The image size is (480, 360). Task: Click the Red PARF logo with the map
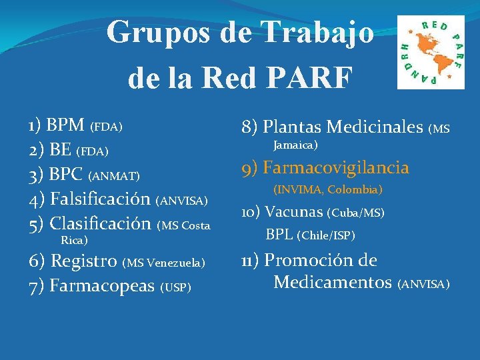[431, 53]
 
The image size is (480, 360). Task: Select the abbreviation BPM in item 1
[65, 125]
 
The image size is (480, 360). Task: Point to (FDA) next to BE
[93, 152]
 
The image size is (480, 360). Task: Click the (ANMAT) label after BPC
[114, 177]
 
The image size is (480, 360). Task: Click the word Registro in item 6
[85, 261]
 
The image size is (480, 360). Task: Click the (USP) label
[176, 287]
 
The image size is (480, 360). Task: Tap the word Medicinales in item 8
[374, 126]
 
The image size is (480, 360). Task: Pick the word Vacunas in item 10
[294, 212]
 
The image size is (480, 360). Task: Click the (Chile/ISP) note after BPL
[327, 235]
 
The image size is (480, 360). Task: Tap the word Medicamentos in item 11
[333, 283]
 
